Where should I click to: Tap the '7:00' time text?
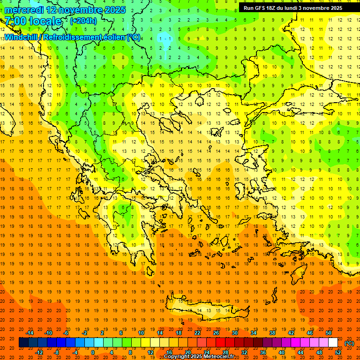click(x=15, y=21)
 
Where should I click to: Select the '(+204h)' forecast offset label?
click(x=83, y=21)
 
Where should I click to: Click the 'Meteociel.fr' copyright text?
click(x=217, y=357)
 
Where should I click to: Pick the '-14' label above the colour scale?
click(x=30, y=333)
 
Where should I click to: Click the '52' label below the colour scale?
click(x=338, y=352)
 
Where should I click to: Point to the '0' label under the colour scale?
click(x=92, y=352)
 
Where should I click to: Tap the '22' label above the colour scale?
click(x=197, y=333)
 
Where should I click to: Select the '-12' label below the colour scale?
click(x=39, y=352)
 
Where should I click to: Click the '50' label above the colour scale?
click(x=329, y=333)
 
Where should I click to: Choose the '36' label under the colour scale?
click(x=262, y=352)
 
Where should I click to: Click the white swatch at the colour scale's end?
click(x=333, y=343)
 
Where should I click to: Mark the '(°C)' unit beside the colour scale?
click(x=349, y=343)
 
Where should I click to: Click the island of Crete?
click(x=206, y=309)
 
